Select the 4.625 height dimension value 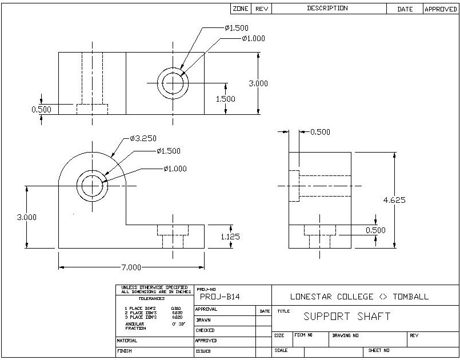tap(395, 200)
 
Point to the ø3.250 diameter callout tap(143, 138)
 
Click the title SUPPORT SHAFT tap(347, 317)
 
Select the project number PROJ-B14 tap(219, 297)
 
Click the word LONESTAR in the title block tap(314, 297)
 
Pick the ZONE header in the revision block tap(241, 9)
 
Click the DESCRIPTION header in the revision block tap(327, 9)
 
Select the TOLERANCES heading tap(151, 298)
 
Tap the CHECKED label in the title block tap(205, 330)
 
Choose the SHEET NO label tap(379, 350)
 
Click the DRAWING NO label tap(346, 335)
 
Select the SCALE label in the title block tap(281, 350)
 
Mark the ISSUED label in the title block tap(203, 351)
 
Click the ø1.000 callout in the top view tap(253, 39)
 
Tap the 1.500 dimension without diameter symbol tap(225, 98)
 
